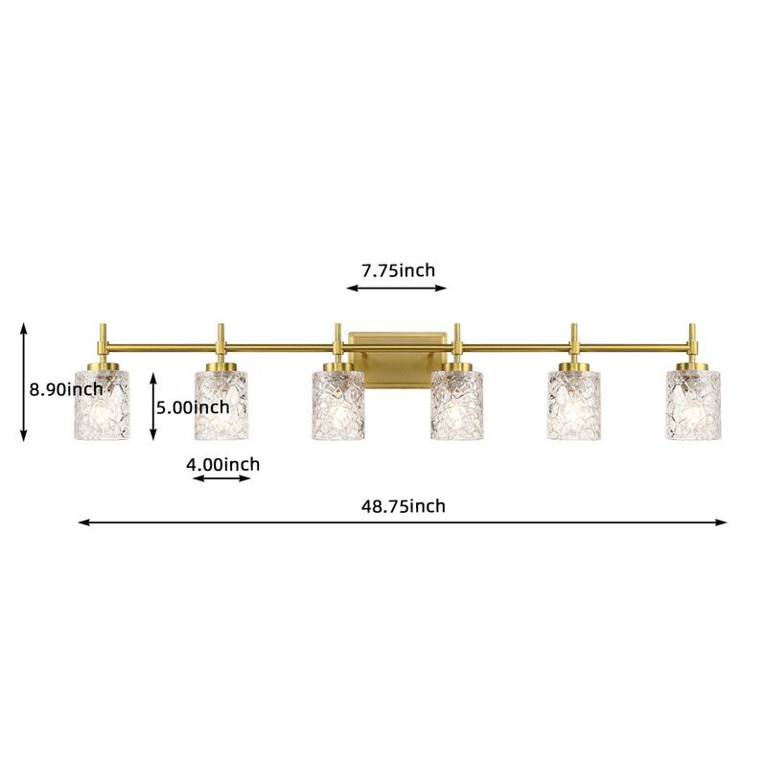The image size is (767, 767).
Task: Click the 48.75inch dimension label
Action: pos(404,506)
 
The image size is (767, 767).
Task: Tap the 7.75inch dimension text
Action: pos(398,270)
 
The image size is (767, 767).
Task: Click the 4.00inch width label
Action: pos(222,464)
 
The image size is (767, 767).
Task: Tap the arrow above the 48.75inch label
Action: pos(403,523)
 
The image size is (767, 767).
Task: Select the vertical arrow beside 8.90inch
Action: pos(24,382)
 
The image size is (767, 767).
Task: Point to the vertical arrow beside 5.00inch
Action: pos(153,407)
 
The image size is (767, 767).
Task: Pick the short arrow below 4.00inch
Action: pos(221,477)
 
